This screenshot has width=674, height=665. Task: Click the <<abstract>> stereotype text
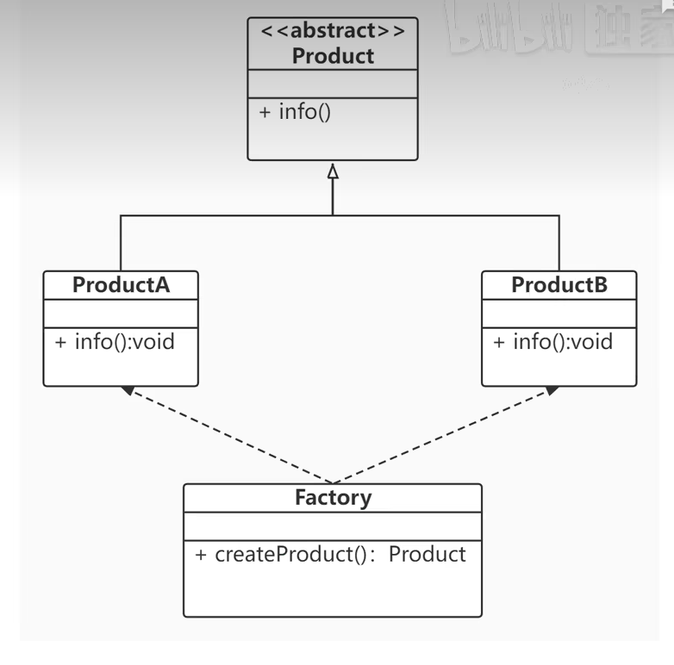tap(333, 31)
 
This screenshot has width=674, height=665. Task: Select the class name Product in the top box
tap(333, 56)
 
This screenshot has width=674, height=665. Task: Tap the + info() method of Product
tap(295, 112)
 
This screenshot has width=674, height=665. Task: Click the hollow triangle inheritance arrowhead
tap(333, 171)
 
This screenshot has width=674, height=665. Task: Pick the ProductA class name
tap(121, 285)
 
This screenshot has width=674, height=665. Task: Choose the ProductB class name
tap(559, 285)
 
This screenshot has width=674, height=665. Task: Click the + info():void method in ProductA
tap(115, 342)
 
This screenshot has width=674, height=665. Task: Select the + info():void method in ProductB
tap(553, 342)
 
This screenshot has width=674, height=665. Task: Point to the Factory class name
tap(333, 498)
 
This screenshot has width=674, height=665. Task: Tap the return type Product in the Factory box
tap(427, 554)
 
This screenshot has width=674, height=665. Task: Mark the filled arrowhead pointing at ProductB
tap(551, 390)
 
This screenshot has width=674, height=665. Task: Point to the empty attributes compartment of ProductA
tap(121, 313)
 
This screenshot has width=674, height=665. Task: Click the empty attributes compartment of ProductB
tap(559, 313)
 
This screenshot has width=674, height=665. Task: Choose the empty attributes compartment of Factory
tap(333, 525)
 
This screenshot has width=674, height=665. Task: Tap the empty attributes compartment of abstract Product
tap(333, 84)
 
